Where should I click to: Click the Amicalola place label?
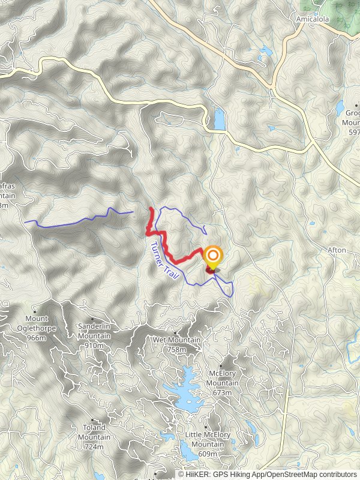310,19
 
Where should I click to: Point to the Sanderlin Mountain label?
94,331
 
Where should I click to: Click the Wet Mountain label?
168,340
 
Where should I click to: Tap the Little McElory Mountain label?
207,440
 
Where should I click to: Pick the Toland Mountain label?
94,432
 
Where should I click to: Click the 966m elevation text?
37,338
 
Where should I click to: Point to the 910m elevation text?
94,345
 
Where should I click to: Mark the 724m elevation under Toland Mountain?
94,446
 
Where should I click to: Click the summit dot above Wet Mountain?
175,333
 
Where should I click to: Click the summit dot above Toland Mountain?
93,421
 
